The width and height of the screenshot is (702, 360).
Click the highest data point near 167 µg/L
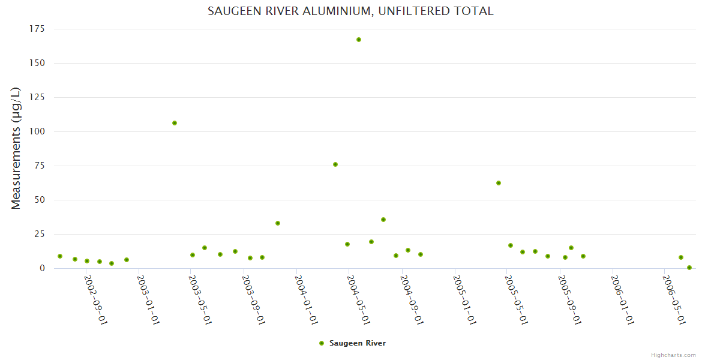(x=359, y=40)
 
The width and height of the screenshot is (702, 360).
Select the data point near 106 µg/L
(x=175, y=123)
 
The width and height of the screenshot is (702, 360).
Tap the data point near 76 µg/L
(x=335, y=164)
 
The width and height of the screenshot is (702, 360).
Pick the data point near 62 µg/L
(x=499, y=183)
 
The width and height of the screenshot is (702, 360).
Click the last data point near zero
(x=689, y=268)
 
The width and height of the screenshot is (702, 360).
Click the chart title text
(x=350, y=11)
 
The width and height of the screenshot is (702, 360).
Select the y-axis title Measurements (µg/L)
(x=16, y=148)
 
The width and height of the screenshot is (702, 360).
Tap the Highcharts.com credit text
(x=673, y=355)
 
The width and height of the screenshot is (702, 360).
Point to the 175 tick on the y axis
(x=37, y=29)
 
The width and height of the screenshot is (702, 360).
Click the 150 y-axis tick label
(x=37, y=63)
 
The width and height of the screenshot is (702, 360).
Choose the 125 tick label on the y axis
(x=37, y=97)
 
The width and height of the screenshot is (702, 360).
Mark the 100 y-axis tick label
(x=37, y=131)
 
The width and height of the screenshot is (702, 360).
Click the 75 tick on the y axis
(x=40, y=166)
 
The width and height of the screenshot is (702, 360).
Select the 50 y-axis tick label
(x=40, y=200)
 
